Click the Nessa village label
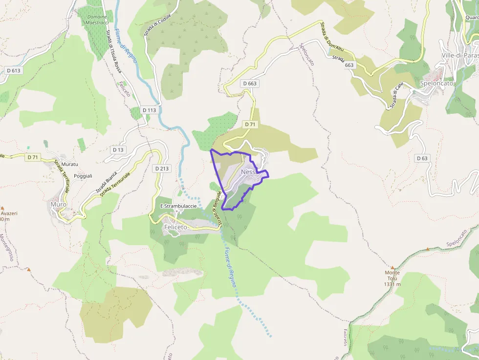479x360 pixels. click(x=249, y=172)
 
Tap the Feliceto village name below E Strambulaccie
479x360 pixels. click(x=175, y=227)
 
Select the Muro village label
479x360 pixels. click(x=59, y=204)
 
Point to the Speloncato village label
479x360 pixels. click(x=436, y=83)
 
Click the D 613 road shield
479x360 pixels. click(x=14, y=71)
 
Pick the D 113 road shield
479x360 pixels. click(x=150, y=110)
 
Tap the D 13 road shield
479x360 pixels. click(x=118, y=150)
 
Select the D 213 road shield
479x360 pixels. click(x=162, y=169)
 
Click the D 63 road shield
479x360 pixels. click(x=422, y=158)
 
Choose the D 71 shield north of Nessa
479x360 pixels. click(x=250, y=125)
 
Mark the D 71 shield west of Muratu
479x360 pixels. click(x=33, y=157)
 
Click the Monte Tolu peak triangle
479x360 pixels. click(x=392, y=267)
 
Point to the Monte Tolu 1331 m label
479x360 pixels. click(x=392, y=278)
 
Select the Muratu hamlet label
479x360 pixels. click(x=70, y=165)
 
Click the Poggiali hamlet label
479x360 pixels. click(x=83, y=176)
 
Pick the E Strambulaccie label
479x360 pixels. click(x=178, y=206)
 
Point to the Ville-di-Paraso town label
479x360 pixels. click(x=459, y=55)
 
